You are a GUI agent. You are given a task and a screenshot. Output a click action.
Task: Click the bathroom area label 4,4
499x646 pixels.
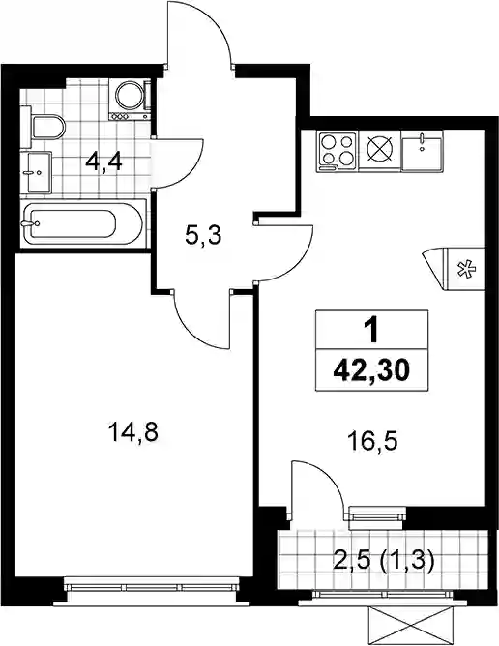pyautogui.click(x=103, y=162)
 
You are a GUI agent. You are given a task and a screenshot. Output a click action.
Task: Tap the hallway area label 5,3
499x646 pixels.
pyautogui.click(x=203, y=236)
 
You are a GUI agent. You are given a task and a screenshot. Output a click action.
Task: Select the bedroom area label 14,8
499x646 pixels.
pyautogui.click(x=132, y=433)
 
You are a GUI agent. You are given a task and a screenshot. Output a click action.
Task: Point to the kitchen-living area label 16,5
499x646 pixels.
pyautogui.click(x=372, y=442)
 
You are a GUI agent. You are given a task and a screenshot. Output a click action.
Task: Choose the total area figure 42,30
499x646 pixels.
pyautogui.click(x=371, y=371)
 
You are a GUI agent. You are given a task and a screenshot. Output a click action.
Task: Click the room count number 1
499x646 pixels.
pyautogui.click(x=372, y=331)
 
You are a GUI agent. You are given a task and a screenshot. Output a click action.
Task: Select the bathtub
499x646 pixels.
pyautogui.click(x=83, y=222)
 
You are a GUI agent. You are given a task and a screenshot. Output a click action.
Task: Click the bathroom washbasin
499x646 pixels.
pyautogui.click(x=36, y=172)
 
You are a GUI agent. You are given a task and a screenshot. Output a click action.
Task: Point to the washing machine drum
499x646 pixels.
pyautogui.click(x=130, y=95)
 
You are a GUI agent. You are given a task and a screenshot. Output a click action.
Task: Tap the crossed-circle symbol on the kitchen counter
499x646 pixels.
pyautogui.click(x=379, y=149)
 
